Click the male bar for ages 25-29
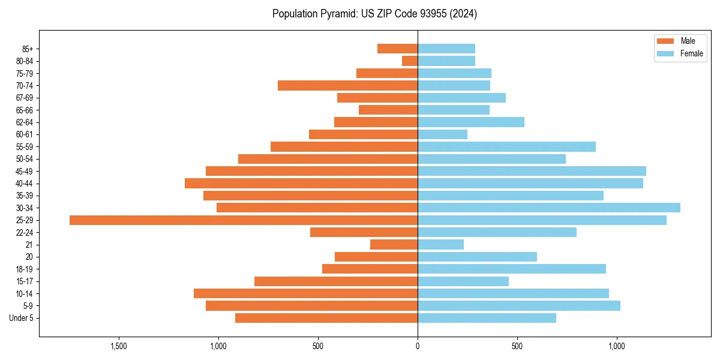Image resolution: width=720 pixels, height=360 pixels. [244, 220]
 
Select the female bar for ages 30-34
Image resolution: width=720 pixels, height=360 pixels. [549, 208]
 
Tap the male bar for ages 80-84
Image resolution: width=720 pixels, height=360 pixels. [410, 61]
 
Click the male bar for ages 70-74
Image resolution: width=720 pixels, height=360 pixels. [347, 86]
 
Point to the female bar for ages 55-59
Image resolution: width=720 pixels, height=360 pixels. [506, 147]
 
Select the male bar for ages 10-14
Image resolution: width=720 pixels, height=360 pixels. [305, 293]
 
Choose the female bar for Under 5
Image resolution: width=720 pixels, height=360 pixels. [487, 318]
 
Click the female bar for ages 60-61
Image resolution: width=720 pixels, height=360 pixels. [442, 134]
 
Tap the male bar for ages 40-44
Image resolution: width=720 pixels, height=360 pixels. [301, 184]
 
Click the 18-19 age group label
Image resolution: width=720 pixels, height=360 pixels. [25, 269]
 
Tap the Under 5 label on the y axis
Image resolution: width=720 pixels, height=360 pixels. [21, 318]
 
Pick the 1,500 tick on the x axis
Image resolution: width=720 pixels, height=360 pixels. [119, 346]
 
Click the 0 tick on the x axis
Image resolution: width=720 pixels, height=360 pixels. [418, 346]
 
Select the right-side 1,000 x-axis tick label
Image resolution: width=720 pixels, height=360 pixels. [616, 346]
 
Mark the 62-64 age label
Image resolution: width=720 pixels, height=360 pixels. [25, 122]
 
